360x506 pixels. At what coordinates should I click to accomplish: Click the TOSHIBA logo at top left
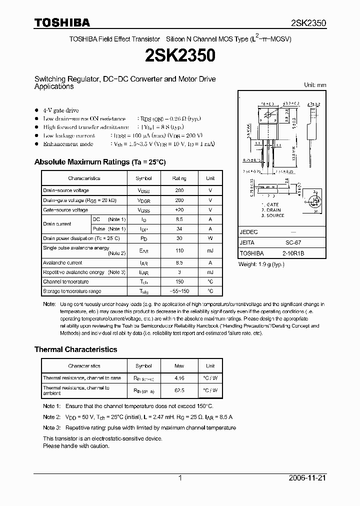coord(62,22)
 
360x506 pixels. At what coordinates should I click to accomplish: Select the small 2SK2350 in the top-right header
coord(308,23)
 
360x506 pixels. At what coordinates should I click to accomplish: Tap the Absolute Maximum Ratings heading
coord(99,162)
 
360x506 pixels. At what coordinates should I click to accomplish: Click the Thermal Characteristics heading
coord(75,349)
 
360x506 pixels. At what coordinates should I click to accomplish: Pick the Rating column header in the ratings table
coord(179,178)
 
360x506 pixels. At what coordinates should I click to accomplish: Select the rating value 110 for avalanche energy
coord(179,250)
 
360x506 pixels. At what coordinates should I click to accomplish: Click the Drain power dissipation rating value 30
coord(179,238)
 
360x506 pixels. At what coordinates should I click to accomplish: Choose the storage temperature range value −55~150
coord(179,291)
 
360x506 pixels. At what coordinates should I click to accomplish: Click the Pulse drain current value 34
coord(179,228)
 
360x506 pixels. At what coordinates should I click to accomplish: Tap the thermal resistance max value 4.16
coord(179,378)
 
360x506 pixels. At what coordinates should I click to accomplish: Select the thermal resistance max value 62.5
coord(179,390)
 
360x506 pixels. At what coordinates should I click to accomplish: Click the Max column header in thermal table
coord(179,366)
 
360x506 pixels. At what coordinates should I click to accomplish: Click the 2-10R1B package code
coord(292,253)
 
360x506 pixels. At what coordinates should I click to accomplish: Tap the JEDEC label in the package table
coord(248,232)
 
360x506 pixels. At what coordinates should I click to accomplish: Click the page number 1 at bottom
coord(179,478)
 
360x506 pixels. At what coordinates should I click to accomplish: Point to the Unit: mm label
coord(315,85)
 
